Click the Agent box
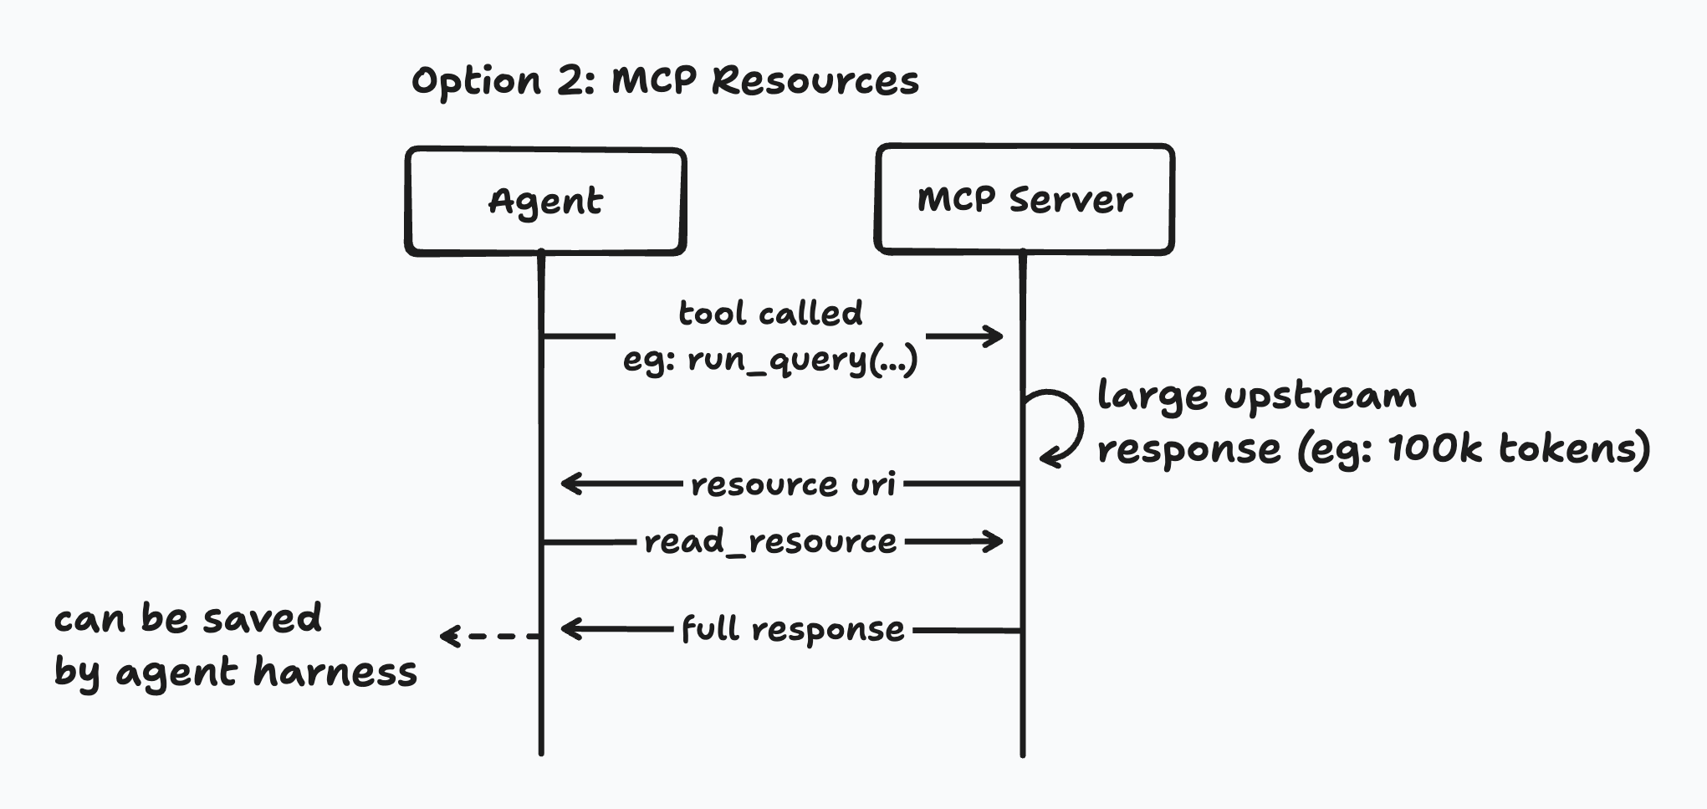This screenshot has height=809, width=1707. point(545,202)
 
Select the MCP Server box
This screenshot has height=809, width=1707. point(1024,199)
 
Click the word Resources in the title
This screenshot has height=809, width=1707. point(815,81)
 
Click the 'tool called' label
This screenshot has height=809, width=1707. point(769,313)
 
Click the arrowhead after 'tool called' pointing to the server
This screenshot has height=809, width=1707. point(994,336)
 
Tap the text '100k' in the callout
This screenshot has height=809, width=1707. point(1435,448)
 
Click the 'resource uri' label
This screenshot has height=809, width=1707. point(793,484)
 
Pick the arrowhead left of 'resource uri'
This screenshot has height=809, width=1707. point(571,484)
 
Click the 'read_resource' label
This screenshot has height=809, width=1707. point(769,542)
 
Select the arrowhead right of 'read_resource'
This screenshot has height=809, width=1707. point(994,541)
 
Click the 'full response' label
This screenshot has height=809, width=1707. point(792,629)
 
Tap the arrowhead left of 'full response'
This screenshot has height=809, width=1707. point(571,629)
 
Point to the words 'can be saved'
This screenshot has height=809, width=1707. point(187,619)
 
